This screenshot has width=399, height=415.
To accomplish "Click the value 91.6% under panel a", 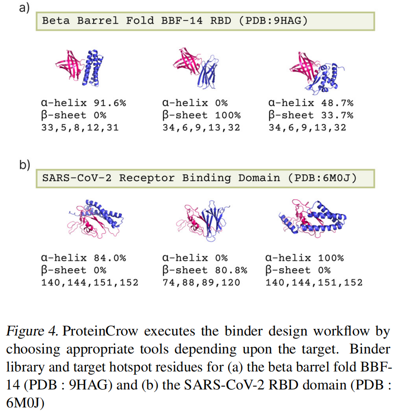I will (x=111, y=103).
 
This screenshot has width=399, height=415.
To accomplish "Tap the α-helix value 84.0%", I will (x=111, y=258).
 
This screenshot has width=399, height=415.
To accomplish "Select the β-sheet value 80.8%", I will (x=232, y=270).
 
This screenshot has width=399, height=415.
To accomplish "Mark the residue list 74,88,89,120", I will (x=201, y=283).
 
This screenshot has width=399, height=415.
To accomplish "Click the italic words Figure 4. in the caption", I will (x=32, y=331).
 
